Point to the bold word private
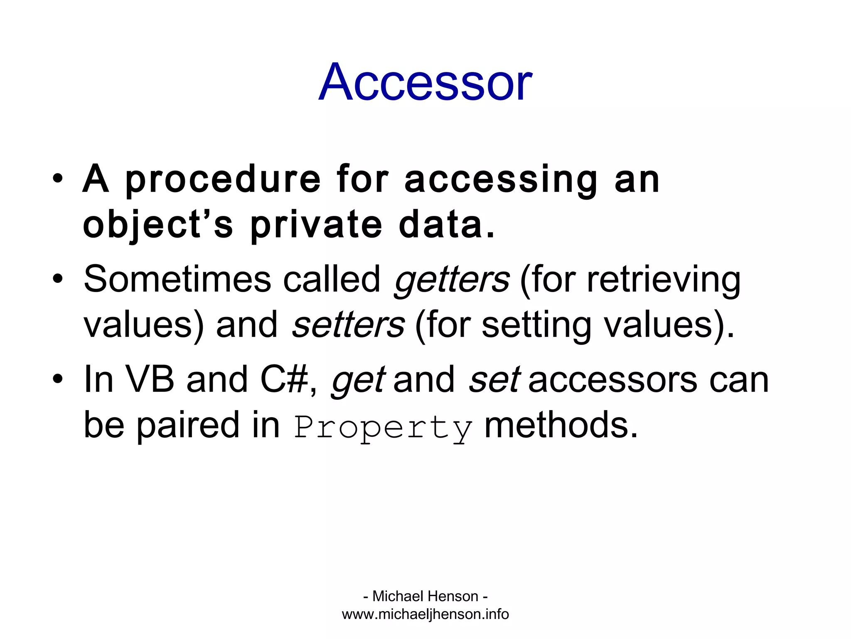(x=316, y=225)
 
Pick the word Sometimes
(x=177, y=279)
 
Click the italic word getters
(x=452, y=279)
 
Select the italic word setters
(x=348, y=325)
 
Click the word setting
(x=536, y=325)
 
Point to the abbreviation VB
(x=150, y=379)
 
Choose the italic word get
(x=358, y=379)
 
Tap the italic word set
(x=494, y=379)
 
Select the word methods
(x=561, y=425)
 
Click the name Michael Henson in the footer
(x=425, y=596)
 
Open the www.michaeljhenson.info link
(x=425, y=614)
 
